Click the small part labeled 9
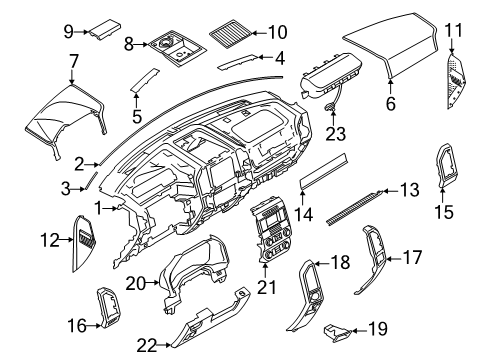click(x=105, y=33)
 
